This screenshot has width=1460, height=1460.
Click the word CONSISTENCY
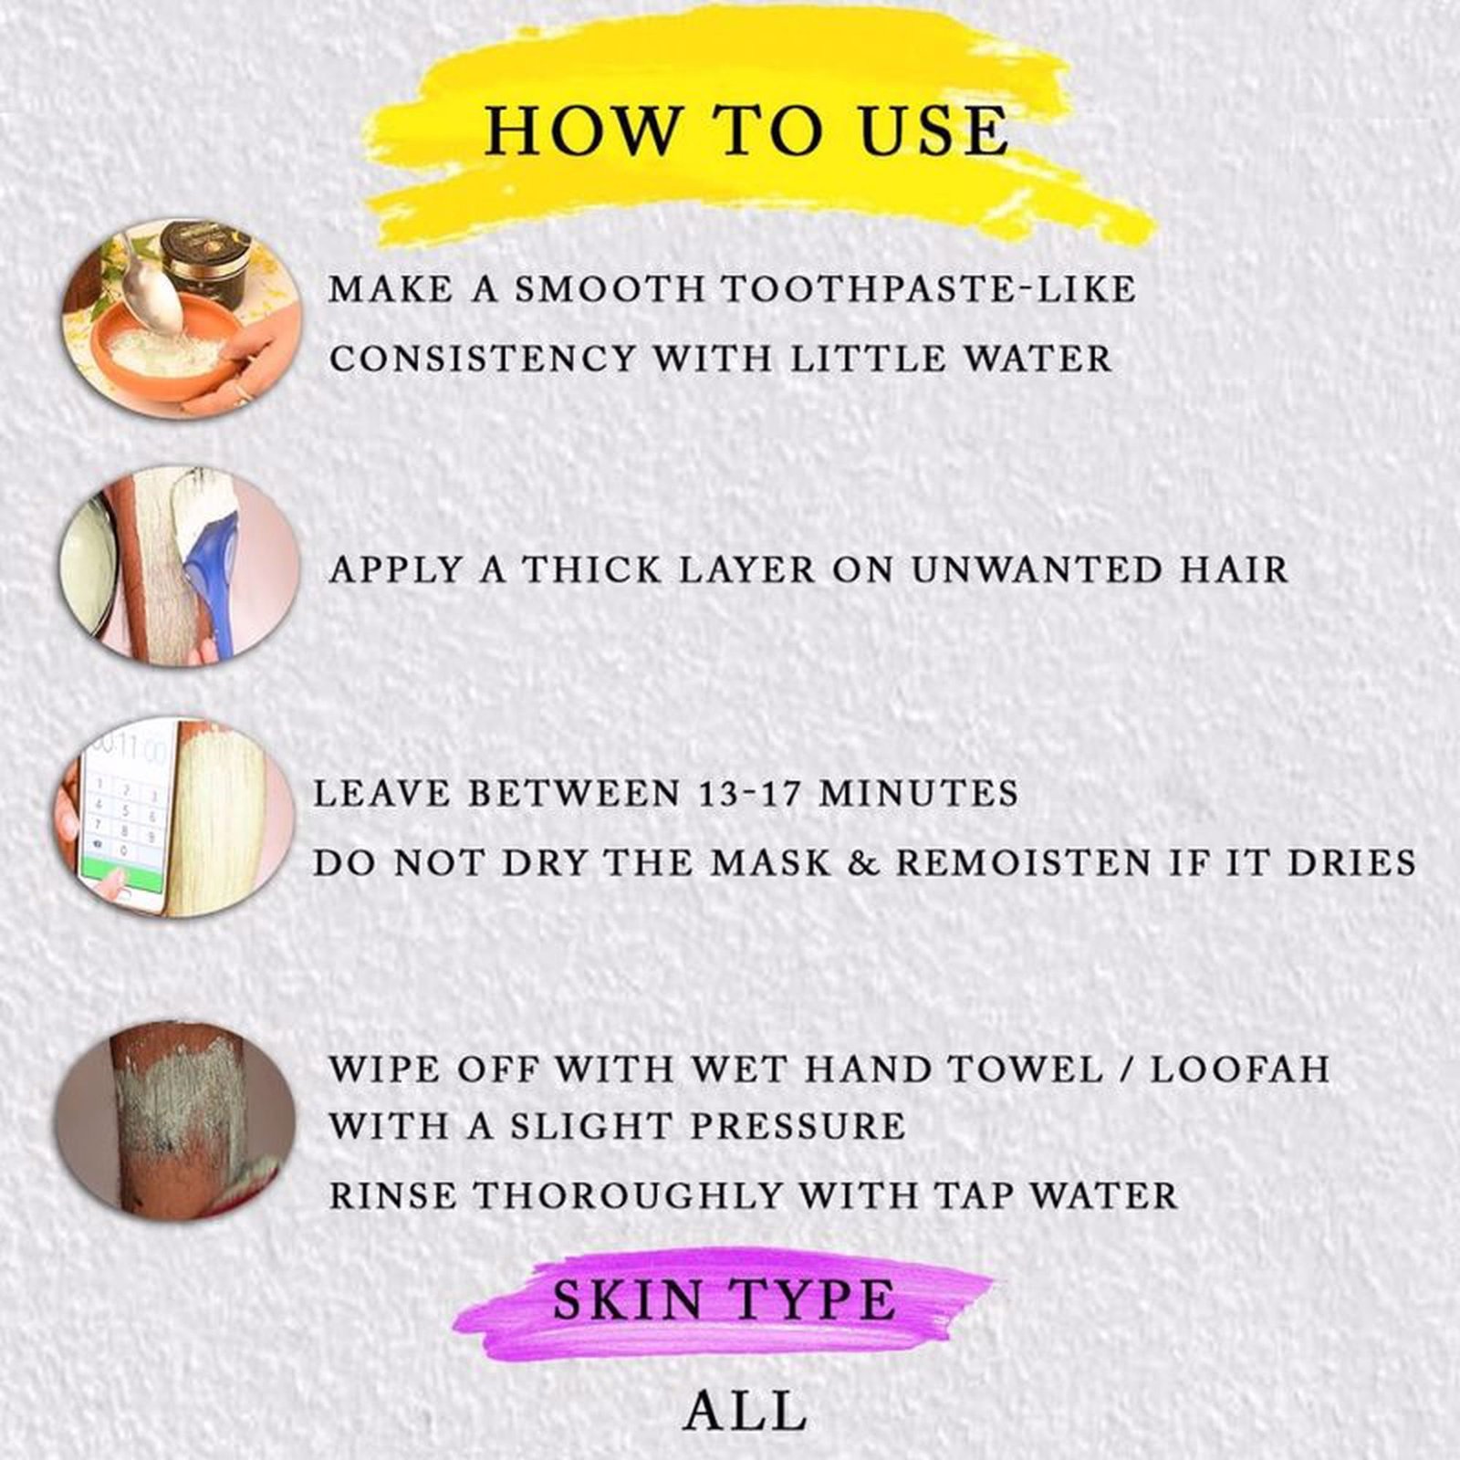(481, 359)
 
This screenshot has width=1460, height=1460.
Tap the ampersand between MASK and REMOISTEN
(862, 862)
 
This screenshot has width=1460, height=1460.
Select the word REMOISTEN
(1025, 862)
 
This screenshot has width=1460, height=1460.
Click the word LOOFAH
(1239, 1069)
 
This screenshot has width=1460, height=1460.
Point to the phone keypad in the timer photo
(128, 812)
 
